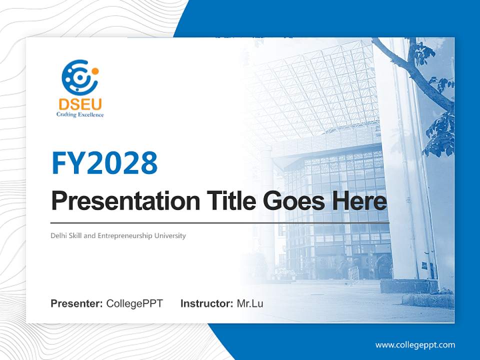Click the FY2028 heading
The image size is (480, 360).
[x=104, y=163]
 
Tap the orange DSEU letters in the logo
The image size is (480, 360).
[x=80, y=104]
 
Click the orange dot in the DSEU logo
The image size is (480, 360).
[x=95, y=71]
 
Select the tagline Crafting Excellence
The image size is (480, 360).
[x=80, y=115]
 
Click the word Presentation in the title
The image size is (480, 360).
[x=125, y=200]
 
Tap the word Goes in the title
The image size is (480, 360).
[x=293, y=201]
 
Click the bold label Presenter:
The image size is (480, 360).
[x=76, y=303]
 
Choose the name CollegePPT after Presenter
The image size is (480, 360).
[x=134, y=303]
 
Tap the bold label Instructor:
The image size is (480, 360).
[x=207, y=303]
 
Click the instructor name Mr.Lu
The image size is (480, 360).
[x=250, y=303]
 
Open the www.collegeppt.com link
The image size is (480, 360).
[x=415, y=345]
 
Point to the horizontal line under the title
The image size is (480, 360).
[x=220, y=223]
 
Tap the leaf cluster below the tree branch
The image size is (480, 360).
[x=440, y=134]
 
